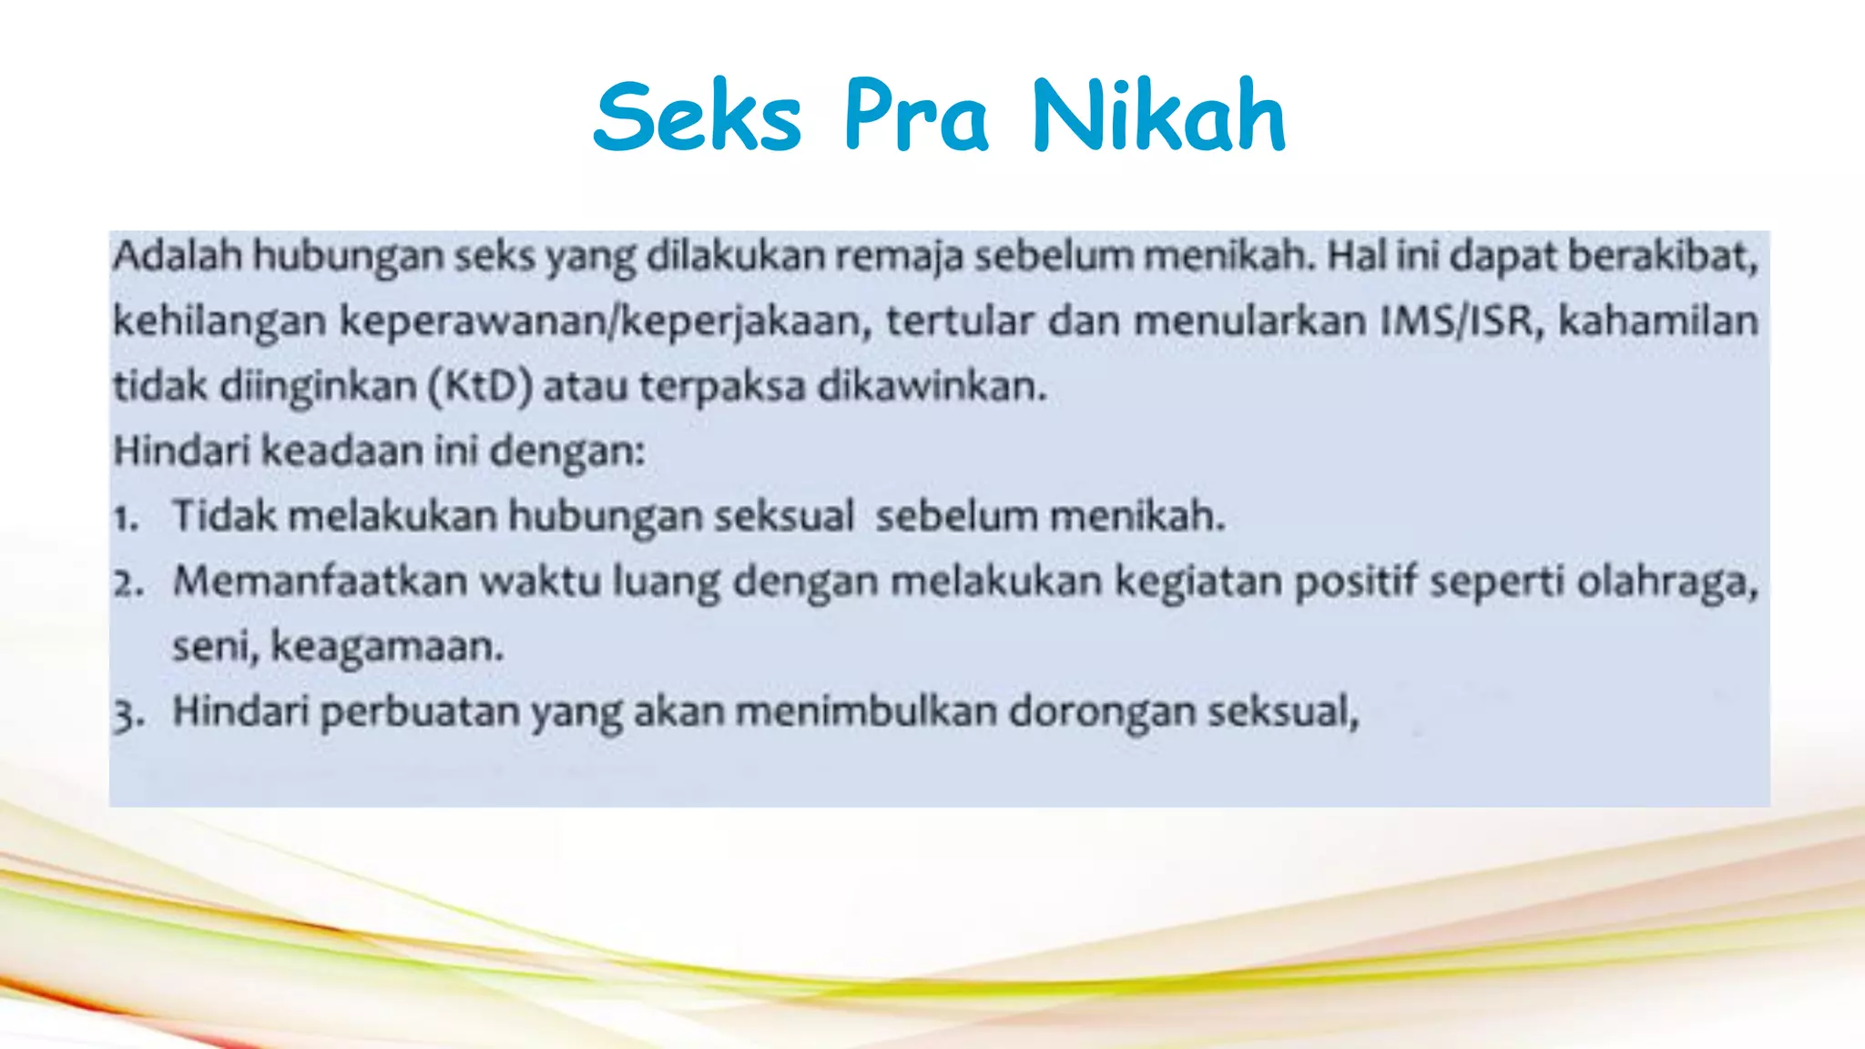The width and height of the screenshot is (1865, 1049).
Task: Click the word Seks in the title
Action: pyautogui.click(x=698, y=117)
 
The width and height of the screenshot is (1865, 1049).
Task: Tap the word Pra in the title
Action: pyautogui.click(x=915, y=117)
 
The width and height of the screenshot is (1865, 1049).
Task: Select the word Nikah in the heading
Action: pyautogui.click(x=1157, y=117)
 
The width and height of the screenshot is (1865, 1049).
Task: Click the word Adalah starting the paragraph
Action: pyautogui.click(x=178, y=256)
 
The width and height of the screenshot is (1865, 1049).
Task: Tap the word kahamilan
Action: pyautogui.click(x=1657, y=321)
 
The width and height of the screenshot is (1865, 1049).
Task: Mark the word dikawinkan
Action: pyautogui.click(x=932, y=387)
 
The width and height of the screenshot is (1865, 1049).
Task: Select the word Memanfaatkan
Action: pyautogui.click(x=320, y=582)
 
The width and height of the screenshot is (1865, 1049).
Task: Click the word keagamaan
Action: pyautogui.click(x=387, y=647)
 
